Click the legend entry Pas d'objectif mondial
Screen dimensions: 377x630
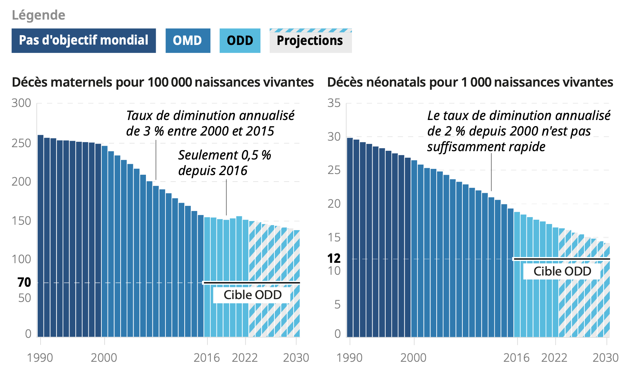tap(84, 41)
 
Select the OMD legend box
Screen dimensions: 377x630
tap(188, 41)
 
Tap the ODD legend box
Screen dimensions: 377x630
tap(240, 41)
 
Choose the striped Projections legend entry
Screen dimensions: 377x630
tap(310, 41)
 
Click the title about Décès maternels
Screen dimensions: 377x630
tap(163, 82)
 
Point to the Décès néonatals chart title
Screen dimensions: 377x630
tap(470, 82)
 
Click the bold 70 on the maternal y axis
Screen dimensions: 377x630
tap(24, 282)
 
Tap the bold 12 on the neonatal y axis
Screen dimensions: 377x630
tap(334, 258)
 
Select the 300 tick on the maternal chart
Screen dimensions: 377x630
tap(21, 103)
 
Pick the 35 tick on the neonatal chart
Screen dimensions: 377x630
tap(334, 103)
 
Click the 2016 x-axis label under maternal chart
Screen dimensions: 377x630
tap(206, 358)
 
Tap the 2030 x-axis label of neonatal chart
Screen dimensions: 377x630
tap(605, 358)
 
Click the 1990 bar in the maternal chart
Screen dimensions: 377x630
tap(41, 236)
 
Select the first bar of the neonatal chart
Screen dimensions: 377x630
tap(350, 237)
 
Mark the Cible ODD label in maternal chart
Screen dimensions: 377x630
tap(252, 295)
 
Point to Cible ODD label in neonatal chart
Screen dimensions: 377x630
tap(562, 271)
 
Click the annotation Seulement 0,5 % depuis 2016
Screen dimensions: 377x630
tap(224, 163)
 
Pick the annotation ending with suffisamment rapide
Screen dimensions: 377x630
tap(518, 131)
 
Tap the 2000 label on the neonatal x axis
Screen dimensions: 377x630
tap(413, 358)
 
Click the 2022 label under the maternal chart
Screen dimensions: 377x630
tap(245, 358)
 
